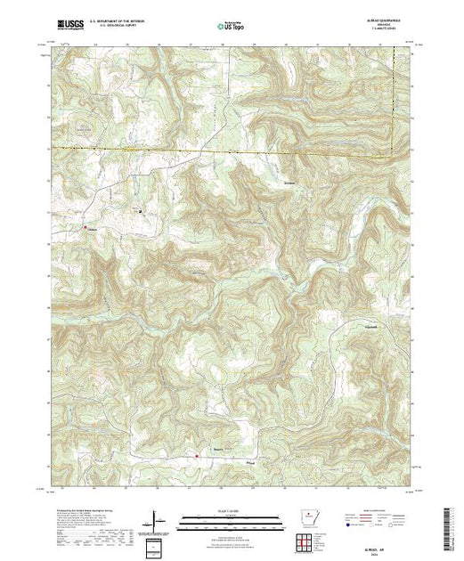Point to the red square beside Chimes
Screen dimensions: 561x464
point(85,228)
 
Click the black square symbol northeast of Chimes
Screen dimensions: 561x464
point(139,211)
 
